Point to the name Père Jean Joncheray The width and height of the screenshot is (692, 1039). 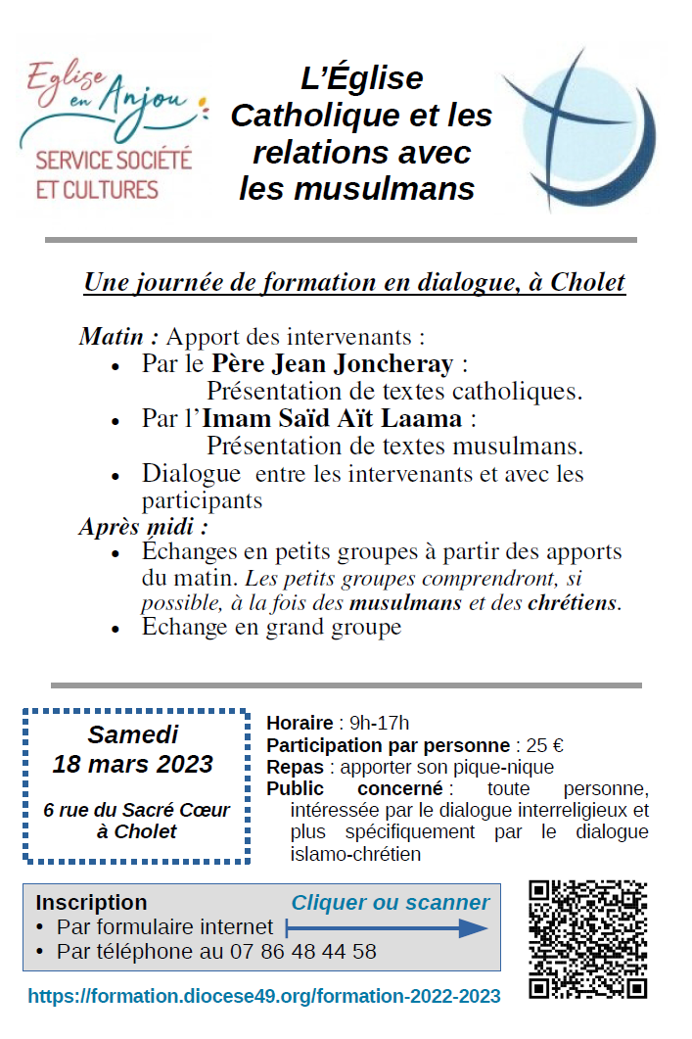(x=332, y=365)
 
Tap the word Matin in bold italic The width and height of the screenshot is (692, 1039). (x=116, y=338)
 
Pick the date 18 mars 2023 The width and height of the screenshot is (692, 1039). (x=133, y=764)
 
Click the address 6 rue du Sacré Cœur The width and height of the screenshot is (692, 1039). (x=137, y=810)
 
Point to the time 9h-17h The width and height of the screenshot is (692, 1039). (x=379, y=724)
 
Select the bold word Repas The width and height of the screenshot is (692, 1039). (x=296, y=767)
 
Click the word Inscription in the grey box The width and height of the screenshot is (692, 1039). (x=91, y=902)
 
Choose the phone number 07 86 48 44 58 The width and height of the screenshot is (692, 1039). (x=302, y=951)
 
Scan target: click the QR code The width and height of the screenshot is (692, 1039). (x=587, y=938)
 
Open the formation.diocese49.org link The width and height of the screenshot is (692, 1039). (x=264, y=997)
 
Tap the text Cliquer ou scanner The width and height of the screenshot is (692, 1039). (x=391, y=902)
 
